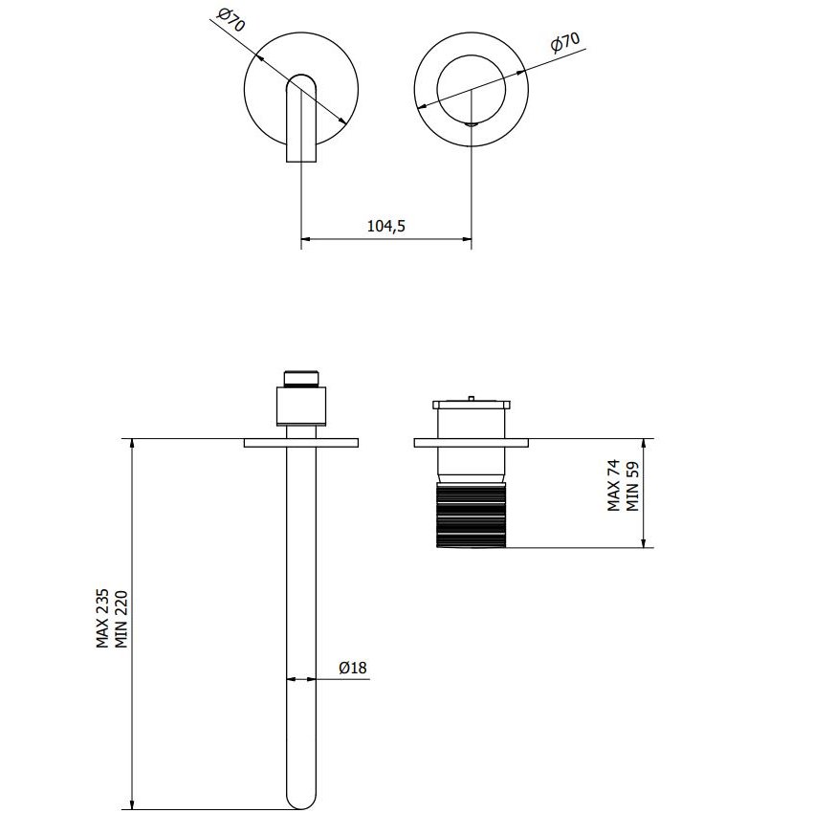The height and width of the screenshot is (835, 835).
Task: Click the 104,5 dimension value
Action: (386, 227)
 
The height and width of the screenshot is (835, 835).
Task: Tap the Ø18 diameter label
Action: (353, 668)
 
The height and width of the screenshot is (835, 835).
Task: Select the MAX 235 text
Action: (102, 618)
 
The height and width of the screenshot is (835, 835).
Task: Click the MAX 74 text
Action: (614, 485)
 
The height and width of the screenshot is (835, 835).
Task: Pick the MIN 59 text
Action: (632, 486)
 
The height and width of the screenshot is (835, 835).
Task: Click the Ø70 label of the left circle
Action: (231, 20)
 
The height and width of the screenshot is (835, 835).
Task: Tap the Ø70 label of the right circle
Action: (565, 43)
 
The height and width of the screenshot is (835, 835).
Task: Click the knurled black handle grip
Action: (471, 515)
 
